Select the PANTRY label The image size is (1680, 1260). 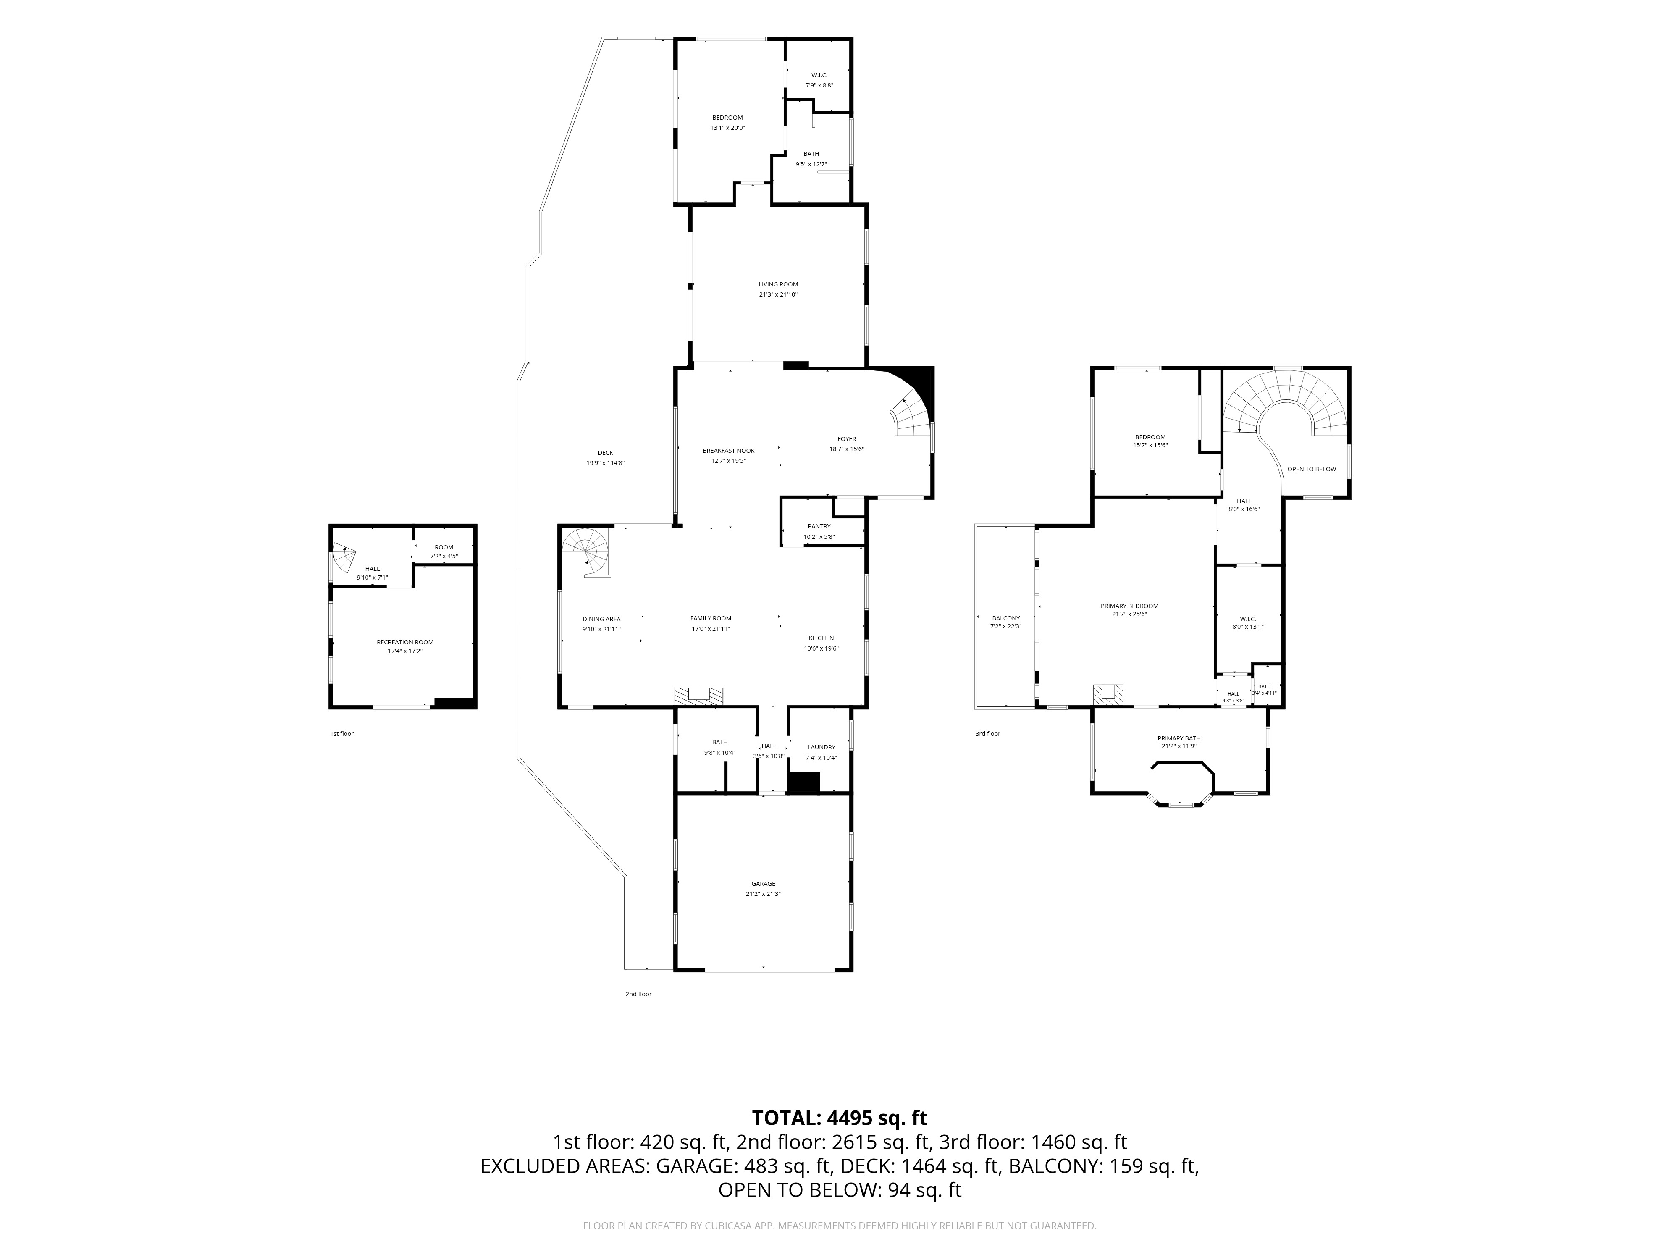819,526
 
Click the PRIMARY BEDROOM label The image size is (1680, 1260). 1129,606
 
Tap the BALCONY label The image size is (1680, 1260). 1005,618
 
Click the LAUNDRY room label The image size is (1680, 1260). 821,747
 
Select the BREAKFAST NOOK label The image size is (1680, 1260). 728,450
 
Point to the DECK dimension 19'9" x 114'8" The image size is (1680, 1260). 605,463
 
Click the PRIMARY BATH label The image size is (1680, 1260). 1179,738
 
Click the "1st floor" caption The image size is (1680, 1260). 342,734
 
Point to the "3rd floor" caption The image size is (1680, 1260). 988,734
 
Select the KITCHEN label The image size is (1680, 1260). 821,638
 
